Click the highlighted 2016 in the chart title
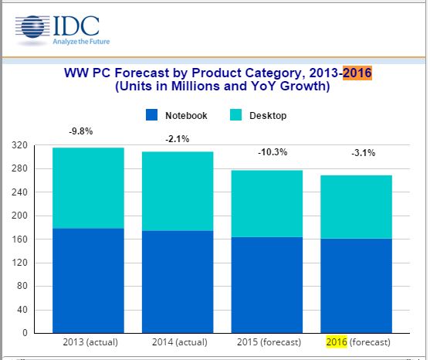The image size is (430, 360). [x=357, y=73]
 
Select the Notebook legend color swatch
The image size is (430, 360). [x=153, y=115]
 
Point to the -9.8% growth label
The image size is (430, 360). [x=81, y=131]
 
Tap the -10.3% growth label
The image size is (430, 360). [x=273, y=153]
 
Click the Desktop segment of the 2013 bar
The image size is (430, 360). [x=88, y=188]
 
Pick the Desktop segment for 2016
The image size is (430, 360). [x=357, y=207]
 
